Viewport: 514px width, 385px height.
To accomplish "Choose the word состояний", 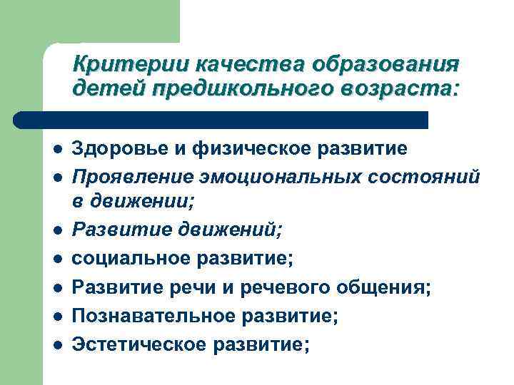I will click(x=428, y=175).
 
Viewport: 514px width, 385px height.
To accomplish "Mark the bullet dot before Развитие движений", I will click(x=56, y=230).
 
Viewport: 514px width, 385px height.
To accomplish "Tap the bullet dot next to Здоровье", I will click(x=56, y=150).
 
